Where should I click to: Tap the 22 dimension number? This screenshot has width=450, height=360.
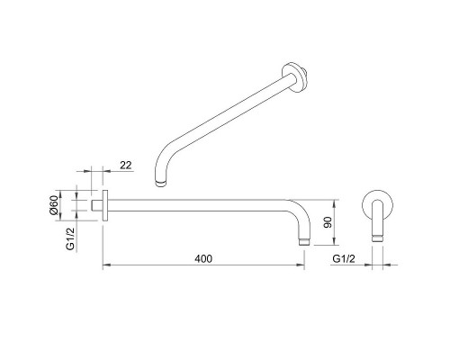(x=125, y=166)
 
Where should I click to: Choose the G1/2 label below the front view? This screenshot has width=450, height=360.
(x=345, y=258)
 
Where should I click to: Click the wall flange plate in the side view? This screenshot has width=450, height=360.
(x=106, y=205)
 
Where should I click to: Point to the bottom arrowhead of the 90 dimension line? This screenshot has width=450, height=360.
(x=334, y=242)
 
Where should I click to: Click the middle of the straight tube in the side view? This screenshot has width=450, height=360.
(x=202, y=202)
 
